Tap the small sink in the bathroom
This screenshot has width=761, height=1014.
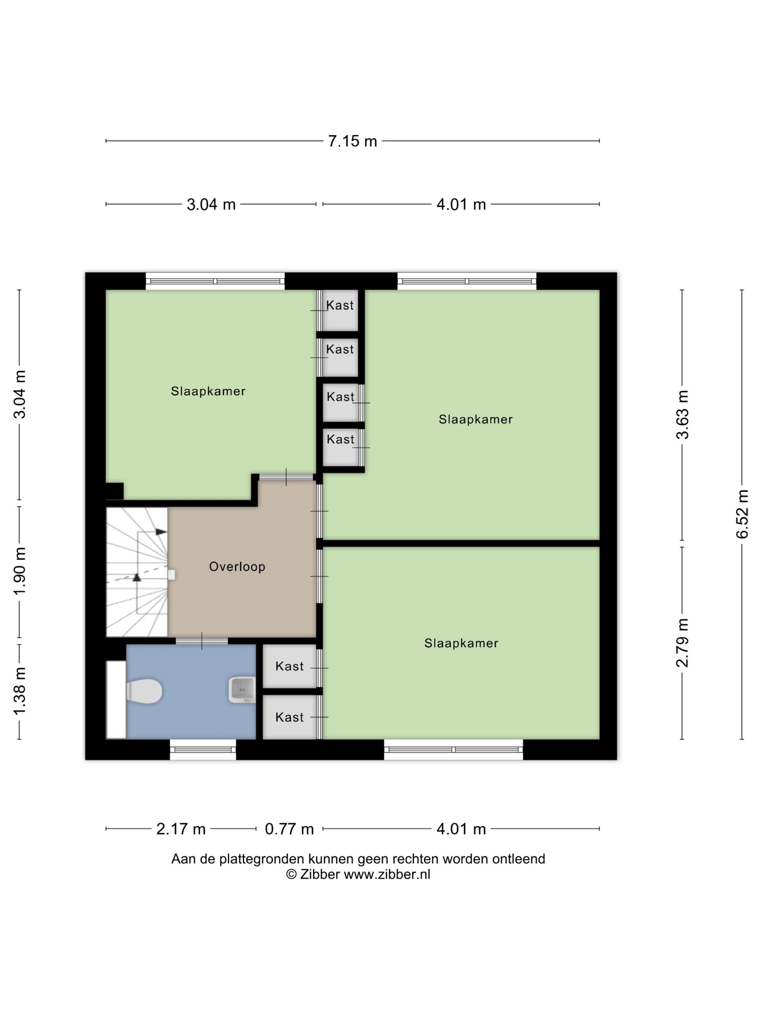[x=242, y=690]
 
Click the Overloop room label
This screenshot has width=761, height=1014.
[x=237, y=567]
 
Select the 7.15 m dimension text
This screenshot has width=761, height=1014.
[x=352, y=141]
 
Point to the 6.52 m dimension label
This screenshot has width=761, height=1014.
[x=743, y=514]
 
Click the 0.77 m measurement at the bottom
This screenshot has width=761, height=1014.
[x=290, y=829]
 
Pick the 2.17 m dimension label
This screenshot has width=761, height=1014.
[x=181, y=829]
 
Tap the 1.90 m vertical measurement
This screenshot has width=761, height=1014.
[x=20, y=571]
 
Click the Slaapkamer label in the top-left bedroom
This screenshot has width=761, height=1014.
[x=208, y=391]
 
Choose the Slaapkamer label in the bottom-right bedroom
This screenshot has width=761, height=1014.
[x=461, y=643]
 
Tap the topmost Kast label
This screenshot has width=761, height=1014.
[x=340, y=305]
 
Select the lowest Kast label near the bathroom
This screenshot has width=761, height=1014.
[x=290, y=717]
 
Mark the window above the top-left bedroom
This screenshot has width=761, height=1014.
[x=215, y=281]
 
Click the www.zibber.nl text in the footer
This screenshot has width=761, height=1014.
[x=387, y=874]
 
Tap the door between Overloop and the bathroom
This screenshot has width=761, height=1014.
[x=202, y=641]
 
